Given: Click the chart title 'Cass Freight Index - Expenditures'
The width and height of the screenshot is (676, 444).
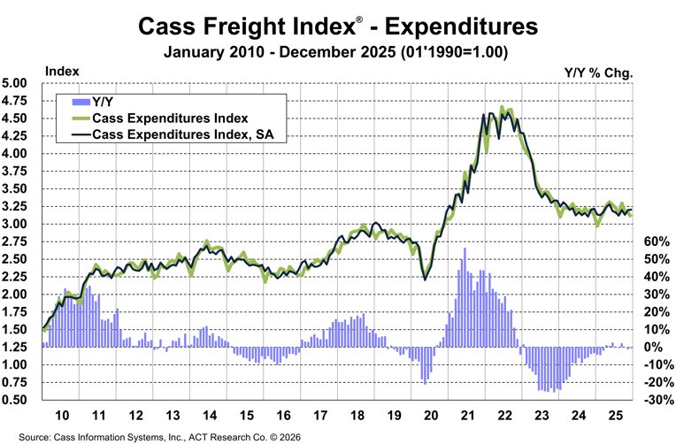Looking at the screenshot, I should (x=337, y=27).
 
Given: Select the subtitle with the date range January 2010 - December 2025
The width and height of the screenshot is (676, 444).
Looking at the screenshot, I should (x=337, y=52).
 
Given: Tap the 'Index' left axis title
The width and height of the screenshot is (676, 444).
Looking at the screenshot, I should (x=62, y=70).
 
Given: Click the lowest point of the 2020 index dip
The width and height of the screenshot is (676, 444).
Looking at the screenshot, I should (x=426, y=279).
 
